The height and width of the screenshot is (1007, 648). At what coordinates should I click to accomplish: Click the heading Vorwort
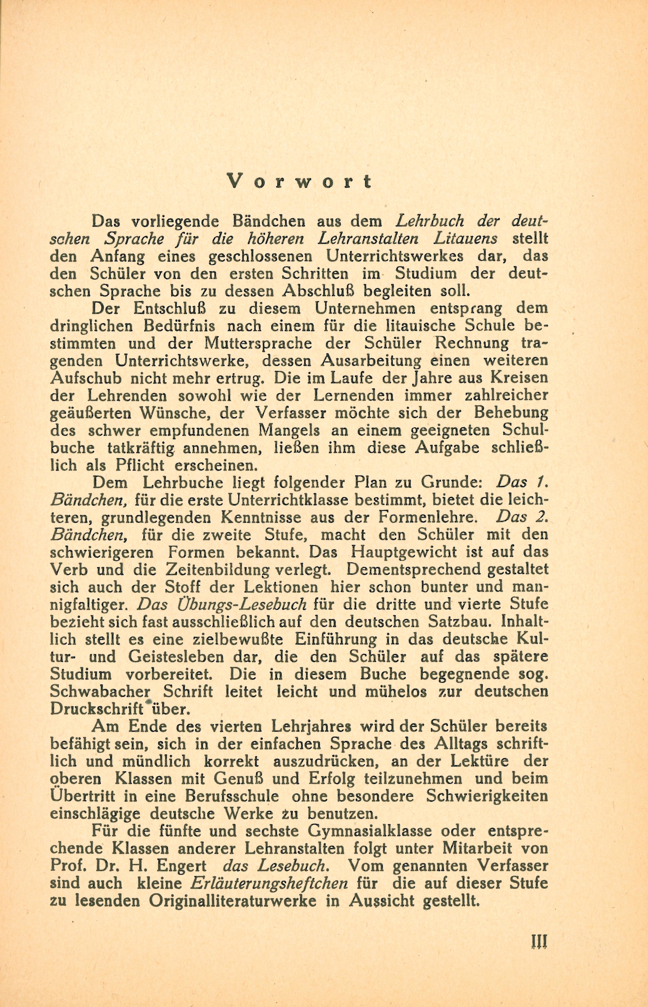click(x=299, y=181)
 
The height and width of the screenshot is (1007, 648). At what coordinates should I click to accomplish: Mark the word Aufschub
click(x=86, y=378)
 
